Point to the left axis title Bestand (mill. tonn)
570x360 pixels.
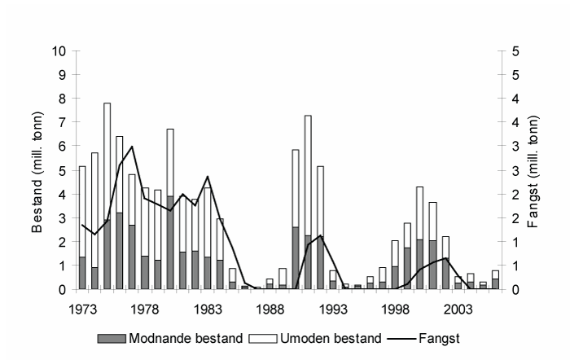[38, 169]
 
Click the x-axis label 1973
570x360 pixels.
[82, 310]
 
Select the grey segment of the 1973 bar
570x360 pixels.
[82, 273]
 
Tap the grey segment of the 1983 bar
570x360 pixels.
[207, 273]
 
